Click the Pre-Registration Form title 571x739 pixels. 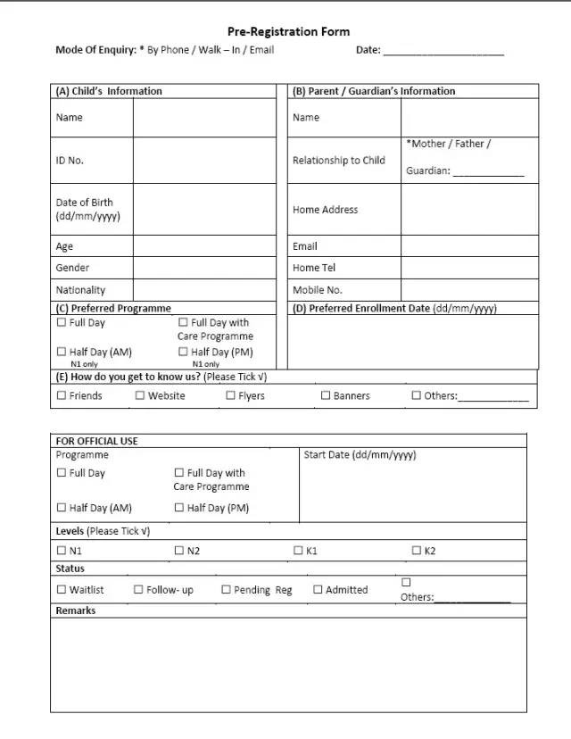click(x=288, y=32)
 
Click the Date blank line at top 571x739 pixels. click(x=443, y=52)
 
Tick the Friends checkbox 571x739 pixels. click(x=62, y=395)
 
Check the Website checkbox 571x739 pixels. click(x=140, y=395)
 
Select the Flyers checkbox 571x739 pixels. click(x=230, y=395)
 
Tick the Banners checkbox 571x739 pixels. click(x=326, y=395)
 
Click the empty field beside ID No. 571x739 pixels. click(x=204, y=161)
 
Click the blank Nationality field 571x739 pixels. click(x=204, y=290)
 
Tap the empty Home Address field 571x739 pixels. click(x=469, y=210)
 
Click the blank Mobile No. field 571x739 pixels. click(x=469, y=290)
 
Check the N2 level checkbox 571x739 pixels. click(x=179, y=551)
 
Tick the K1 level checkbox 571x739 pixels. click(x=299, y=551)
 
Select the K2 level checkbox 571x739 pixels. click(x=416, y=551)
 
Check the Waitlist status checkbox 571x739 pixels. click(x=62, y=590)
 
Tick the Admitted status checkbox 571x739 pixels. click(x=318, y=590)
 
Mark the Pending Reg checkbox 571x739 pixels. click(x=227, y=590)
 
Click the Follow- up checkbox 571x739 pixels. click(x=138, y=590)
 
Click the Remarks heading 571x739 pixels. click(x=76, y=611)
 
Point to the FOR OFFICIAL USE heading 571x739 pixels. click(x=97, y=441)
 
